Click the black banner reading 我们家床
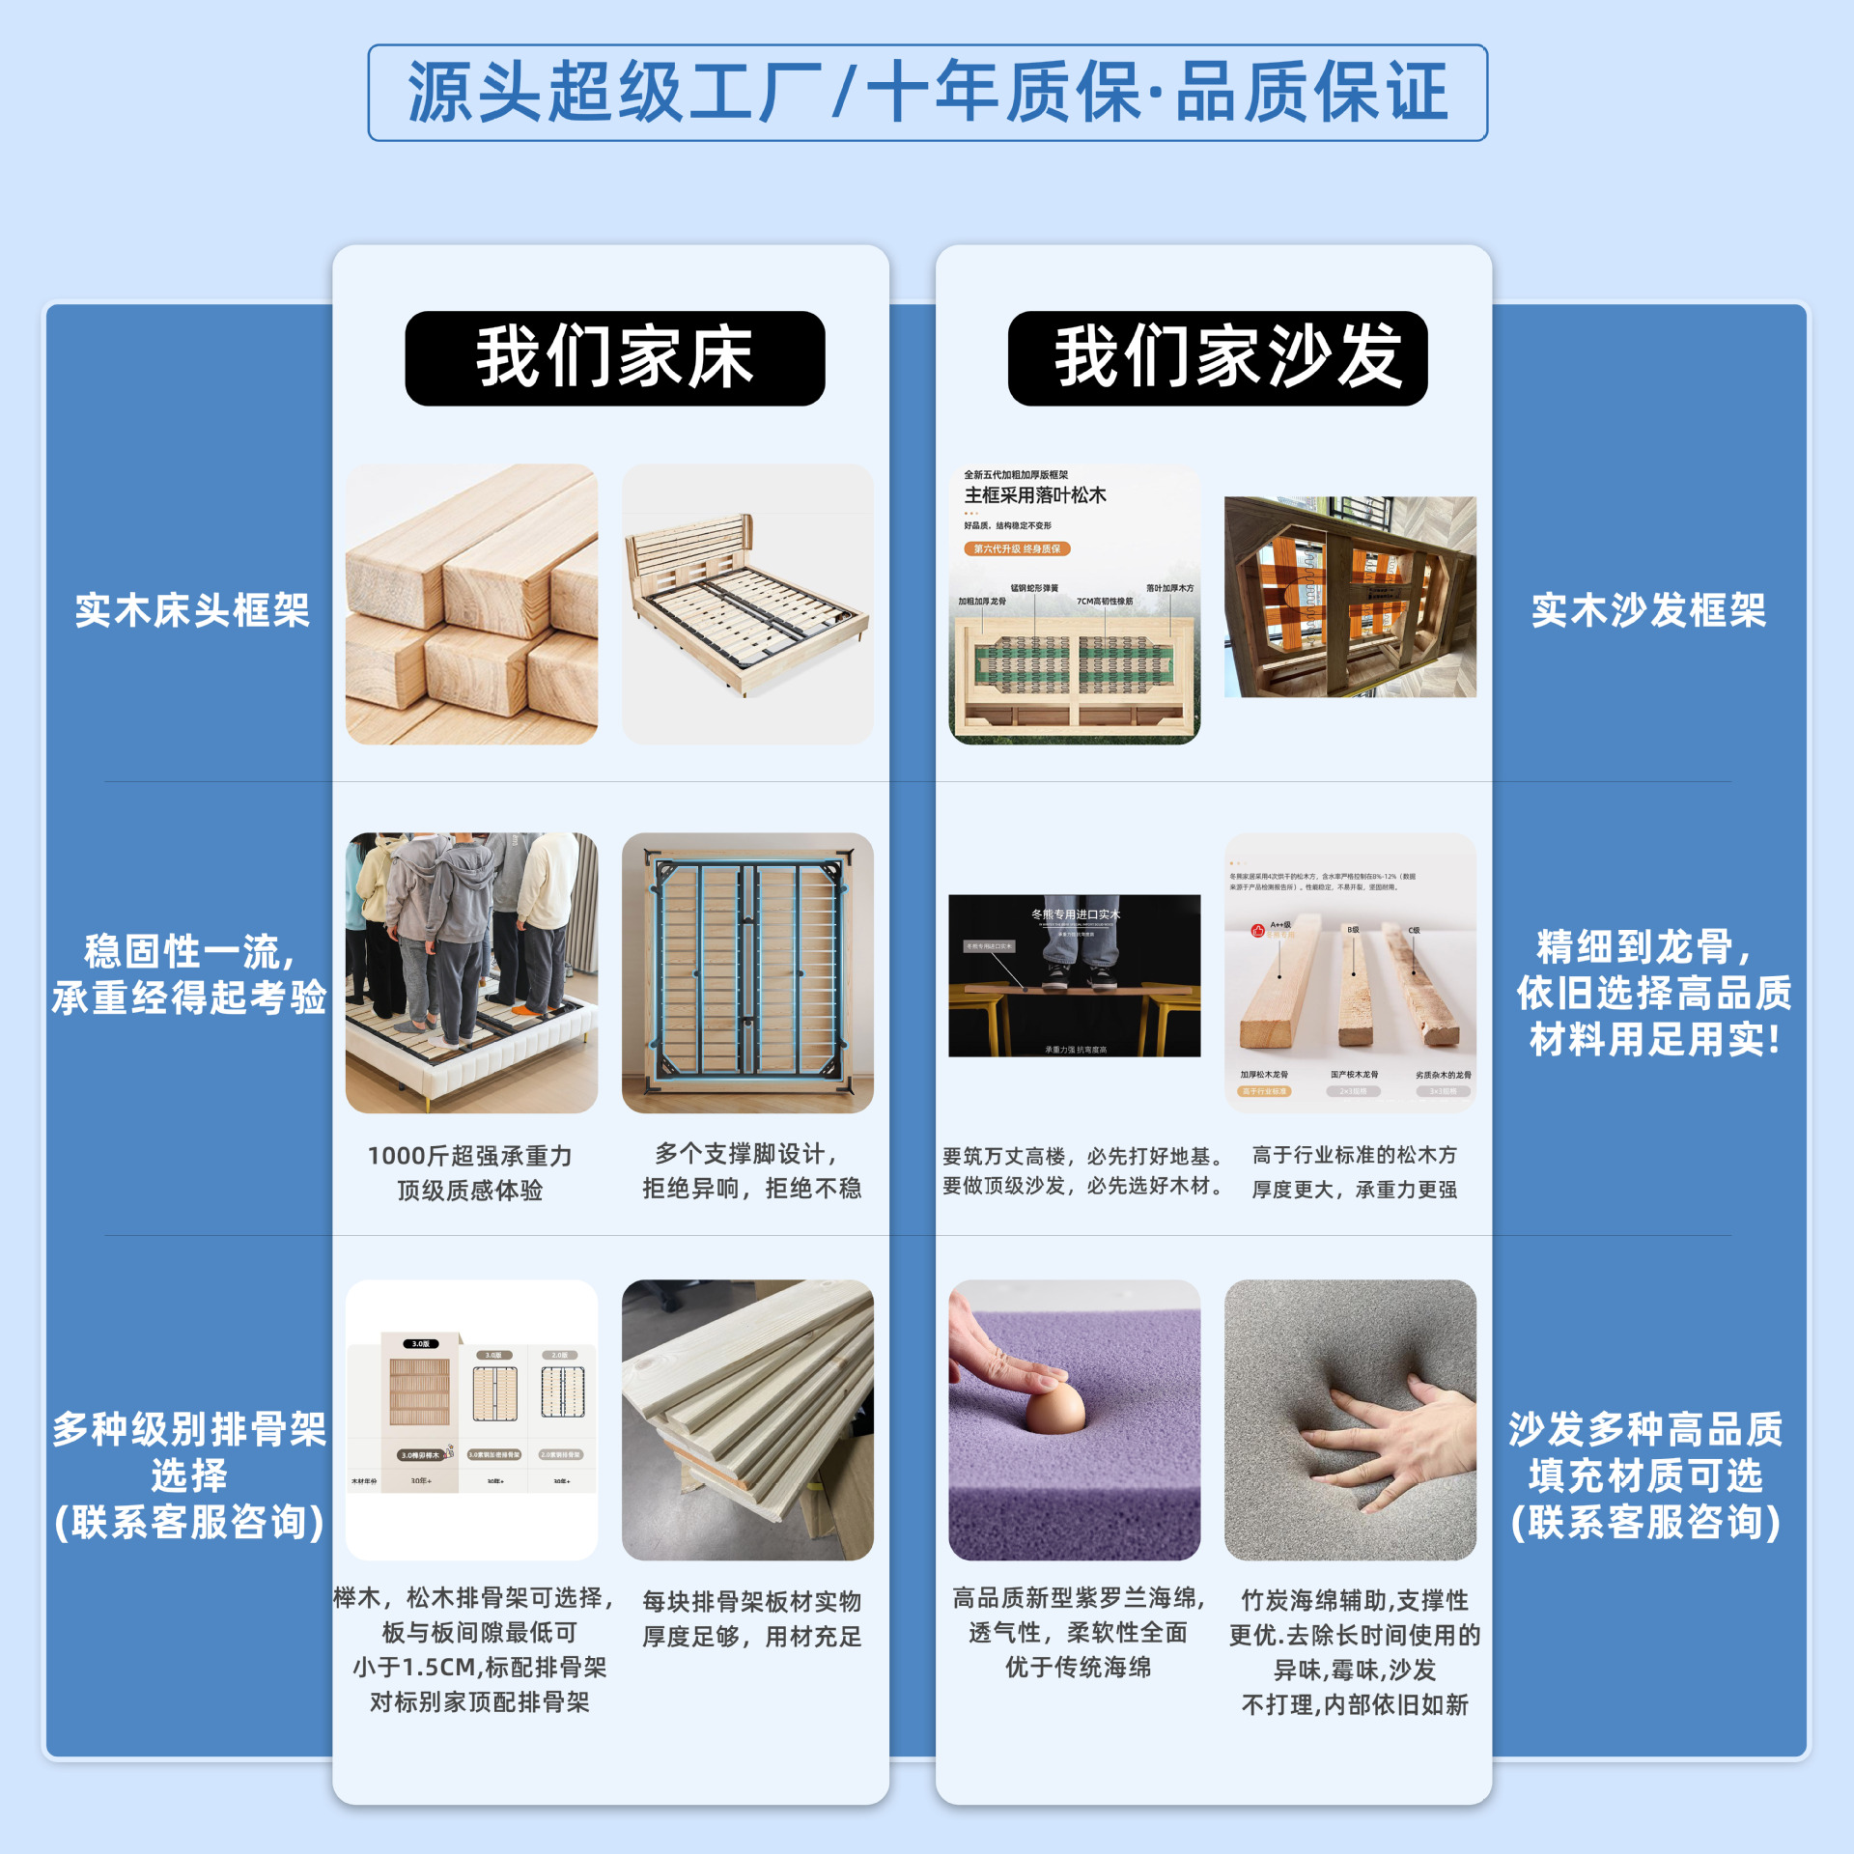click(614, 358)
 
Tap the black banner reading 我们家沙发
click(1218, 358)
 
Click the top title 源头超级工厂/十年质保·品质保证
click(927, 93)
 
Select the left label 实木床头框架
click(192, 610)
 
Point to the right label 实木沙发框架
click(1648, 610)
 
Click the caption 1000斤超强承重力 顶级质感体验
click(470, 1172)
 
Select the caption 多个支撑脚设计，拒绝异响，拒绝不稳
click(751, 1170)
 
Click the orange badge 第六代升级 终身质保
click(1017, 548)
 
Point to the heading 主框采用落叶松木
click(1035, 495)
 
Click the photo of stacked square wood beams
click(471, 604)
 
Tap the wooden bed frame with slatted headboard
click(747, 604)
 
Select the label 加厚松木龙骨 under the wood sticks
click(1263, 1074)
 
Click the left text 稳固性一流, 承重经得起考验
click(189, 974)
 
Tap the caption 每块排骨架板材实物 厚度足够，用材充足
click(751, 1618)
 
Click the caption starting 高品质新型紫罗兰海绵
click(1078, 1632)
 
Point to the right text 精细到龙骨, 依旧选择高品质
click(1652, 993)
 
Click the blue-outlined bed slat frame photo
click(747, 972)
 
